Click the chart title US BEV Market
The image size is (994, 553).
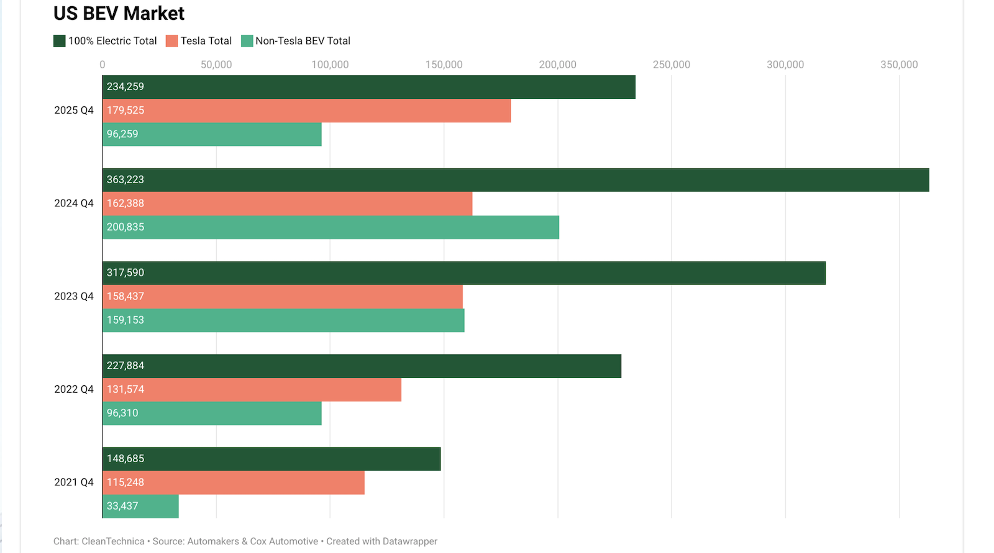point(119,14)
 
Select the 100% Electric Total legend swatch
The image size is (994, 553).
point(60,41)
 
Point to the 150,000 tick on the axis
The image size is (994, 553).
point(444,65)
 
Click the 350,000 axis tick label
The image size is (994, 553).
point(898,65)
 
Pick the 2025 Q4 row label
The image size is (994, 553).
point(74,111)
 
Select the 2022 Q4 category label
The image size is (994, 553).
point(74,390)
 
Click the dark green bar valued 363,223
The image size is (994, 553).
point(516,180)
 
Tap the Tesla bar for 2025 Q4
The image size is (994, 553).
point(306,111)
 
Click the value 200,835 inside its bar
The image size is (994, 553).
point(125,227)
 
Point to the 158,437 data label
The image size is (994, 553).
point(125,296)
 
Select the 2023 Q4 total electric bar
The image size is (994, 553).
point(464,273)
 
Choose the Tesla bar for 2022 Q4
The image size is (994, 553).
point(252,390)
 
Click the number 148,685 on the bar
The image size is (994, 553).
point(125,459)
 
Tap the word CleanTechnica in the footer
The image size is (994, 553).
point(113,542)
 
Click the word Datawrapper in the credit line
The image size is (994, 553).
point(410,542)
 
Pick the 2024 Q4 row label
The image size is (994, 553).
point(74,204)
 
